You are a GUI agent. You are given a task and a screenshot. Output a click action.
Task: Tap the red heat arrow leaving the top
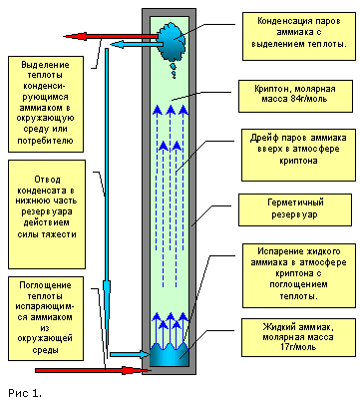tap(111, 36)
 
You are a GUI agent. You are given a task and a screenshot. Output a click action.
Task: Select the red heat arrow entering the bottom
tap(89, 370)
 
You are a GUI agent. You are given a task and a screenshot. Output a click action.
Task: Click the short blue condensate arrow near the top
tap(137, 44)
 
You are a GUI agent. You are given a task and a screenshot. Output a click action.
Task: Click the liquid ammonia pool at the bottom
tap(170, 355)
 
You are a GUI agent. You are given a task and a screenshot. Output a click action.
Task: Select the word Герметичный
tap(295, 202)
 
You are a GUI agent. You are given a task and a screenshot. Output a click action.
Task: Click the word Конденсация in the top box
tap(281, 21)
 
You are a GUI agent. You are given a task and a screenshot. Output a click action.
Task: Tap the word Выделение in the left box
tap(46, 65)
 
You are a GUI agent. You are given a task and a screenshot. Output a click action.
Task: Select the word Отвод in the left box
tap(47, 180)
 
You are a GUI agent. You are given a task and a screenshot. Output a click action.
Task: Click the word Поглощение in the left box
tap(45, 285)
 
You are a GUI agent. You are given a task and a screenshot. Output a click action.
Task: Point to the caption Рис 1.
tap(25, 393)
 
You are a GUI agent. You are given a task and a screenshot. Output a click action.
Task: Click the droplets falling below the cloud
tap(174, 71)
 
